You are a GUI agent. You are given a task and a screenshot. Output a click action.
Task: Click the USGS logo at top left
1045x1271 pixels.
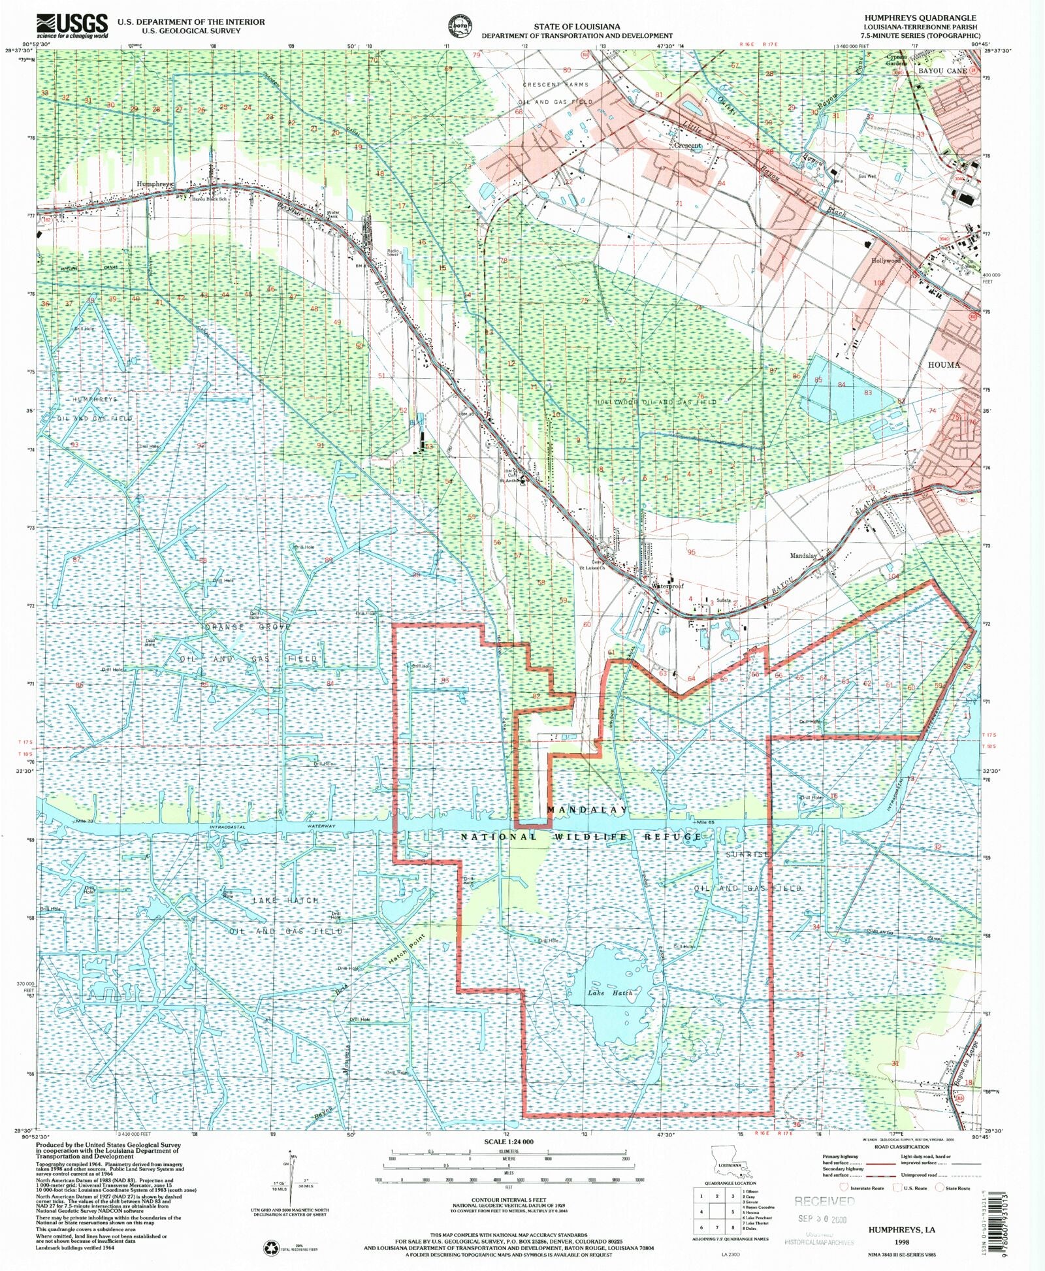point(72,26)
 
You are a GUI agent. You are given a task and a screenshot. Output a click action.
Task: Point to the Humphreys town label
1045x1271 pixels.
point(154,184)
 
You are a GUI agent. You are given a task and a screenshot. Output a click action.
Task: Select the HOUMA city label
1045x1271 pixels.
point(944,365)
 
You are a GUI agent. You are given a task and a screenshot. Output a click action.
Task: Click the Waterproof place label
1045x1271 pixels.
point(667,587)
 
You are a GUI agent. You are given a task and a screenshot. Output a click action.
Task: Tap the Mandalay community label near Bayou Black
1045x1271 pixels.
point(803,556)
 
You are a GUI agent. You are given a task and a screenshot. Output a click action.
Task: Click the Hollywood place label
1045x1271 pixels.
point(886,261)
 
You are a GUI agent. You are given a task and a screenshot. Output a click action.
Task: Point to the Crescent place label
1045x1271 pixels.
point(687,146)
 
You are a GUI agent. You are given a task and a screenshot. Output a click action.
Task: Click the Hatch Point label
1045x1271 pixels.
point(406,951)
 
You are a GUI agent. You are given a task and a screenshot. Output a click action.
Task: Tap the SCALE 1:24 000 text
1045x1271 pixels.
point(509,1142)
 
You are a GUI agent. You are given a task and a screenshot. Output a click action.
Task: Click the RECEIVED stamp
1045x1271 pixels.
point(824,1201)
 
